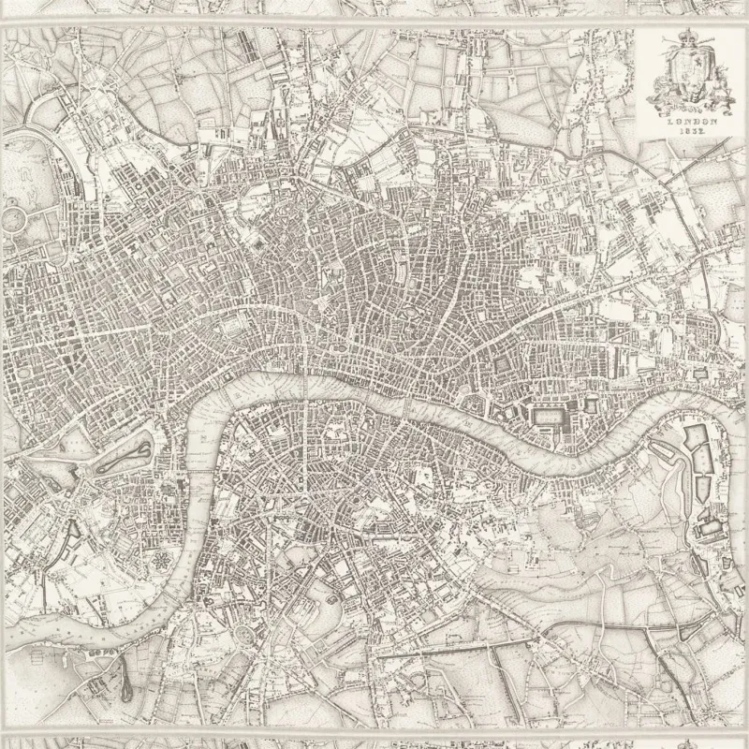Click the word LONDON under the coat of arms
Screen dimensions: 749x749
pos(691,121)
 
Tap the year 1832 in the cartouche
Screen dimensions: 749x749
pos(691,133)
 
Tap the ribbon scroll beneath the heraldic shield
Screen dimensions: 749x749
pos(691,101)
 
